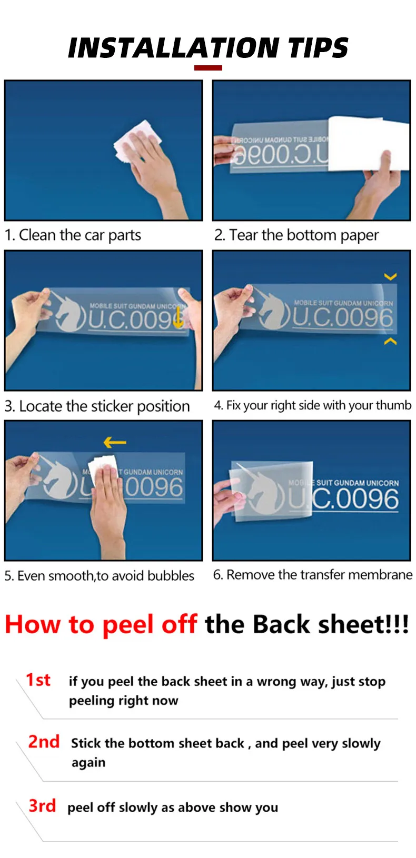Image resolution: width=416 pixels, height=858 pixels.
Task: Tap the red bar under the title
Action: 208,68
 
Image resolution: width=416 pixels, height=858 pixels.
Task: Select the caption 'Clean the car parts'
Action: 80,235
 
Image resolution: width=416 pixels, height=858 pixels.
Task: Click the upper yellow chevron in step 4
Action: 390,276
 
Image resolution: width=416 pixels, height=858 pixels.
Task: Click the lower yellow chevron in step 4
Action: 390,341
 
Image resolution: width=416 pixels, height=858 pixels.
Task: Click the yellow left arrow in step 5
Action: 115,442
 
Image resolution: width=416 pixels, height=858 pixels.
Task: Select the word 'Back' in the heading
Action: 281,624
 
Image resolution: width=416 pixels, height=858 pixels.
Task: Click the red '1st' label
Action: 38,680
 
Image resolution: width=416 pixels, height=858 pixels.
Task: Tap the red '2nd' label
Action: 44,742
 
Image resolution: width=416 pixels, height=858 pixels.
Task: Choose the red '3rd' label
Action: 42,805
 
